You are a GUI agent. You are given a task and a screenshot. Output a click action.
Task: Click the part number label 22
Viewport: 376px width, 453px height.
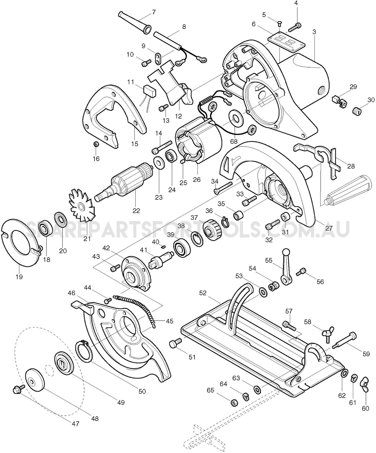(x=136, y=211)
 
